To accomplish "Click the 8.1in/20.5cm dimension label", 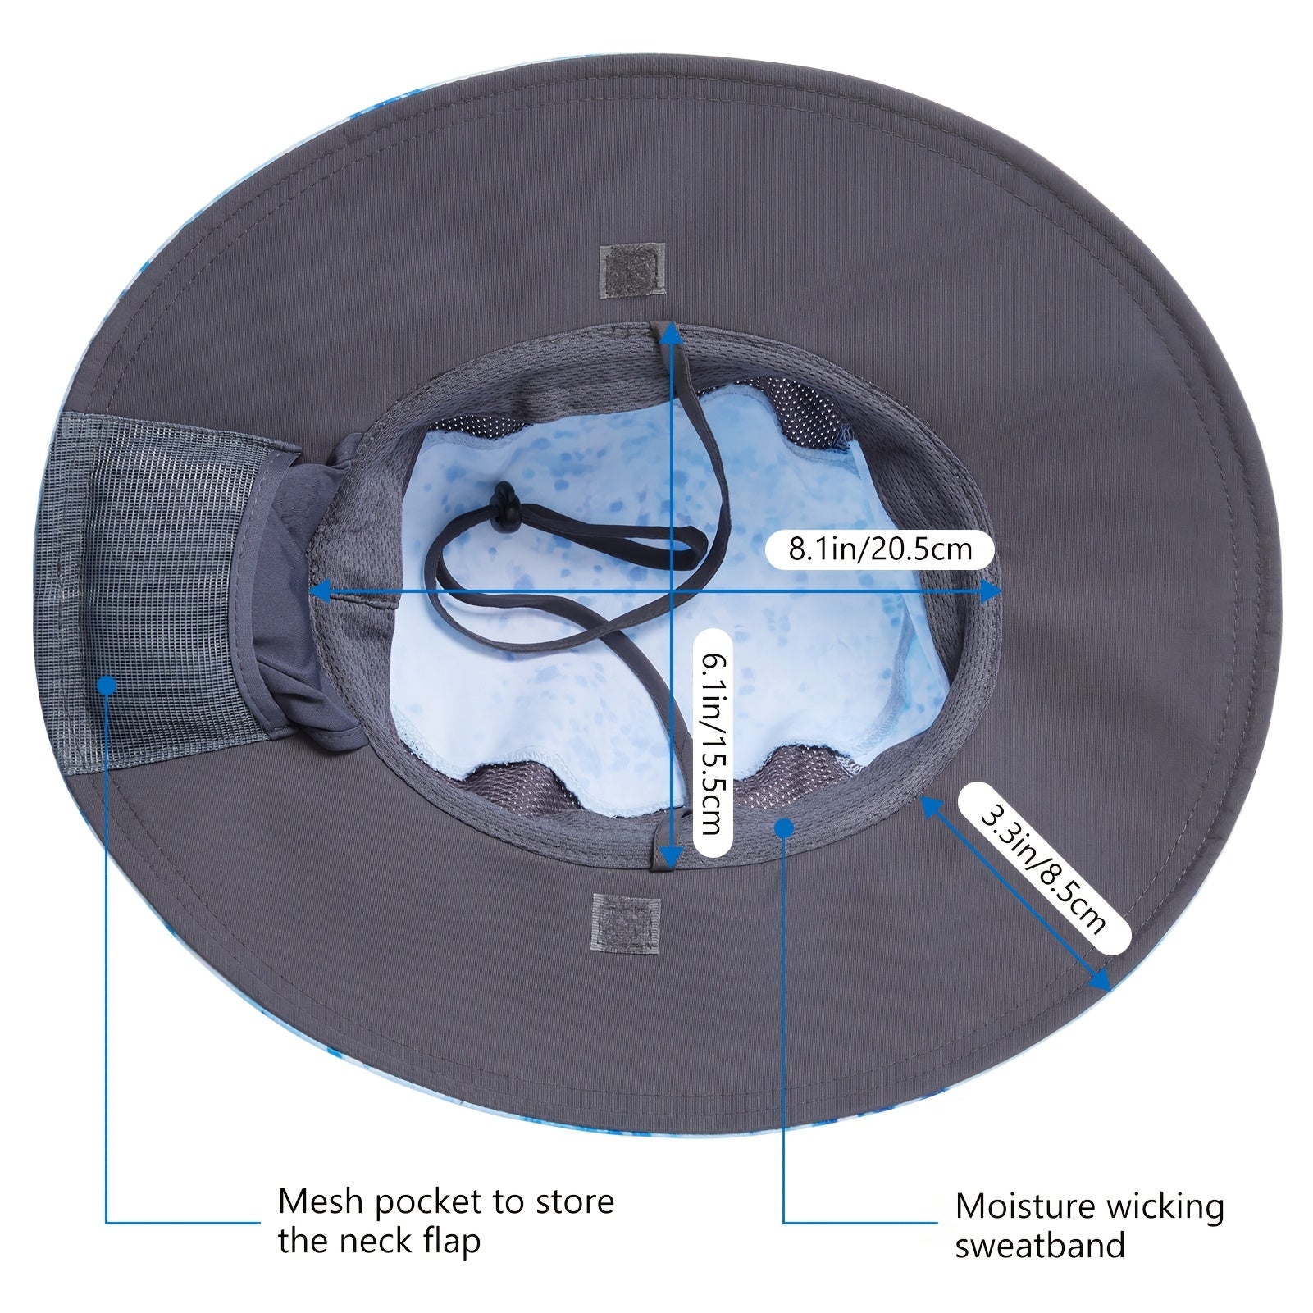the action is [x=880, y=547].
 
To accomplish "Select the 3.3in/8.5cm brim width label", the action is [x=1044, y=868].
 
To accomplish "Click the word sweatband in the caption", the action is [x=1040, y=1245].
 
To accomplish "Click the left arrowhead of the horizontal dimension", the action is [x=321, y=590].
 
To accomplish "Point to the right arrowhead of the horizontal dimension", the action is [x=991, y=590].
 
